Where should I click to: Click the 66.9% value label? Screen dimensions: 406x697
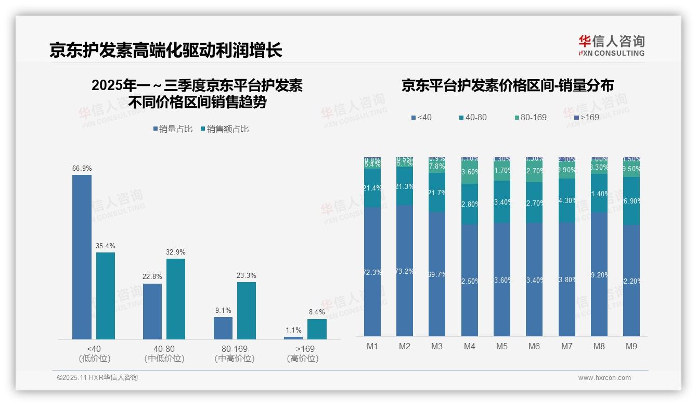82,169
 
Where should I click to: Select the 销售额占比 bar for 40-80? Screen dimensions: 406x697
176,299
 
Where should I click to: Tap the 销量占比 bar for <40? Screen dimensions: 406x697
82,257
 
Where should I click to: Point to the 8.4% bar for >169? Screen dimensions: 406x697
317,329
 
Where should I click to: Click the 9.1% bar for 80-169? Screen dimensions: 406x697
223,328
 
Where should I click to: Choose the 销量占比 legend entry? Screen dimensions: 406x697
173,129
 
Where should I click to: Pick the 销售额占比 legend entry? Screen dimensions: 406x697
224,129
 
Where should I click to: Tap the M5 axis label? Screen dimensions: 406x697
501,346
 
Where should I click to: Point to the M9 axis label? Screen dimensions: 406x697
631,346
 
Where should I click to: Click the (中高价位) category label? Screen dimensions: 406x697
235,359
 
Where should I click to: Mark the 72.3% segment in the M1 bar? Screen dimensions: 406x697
372,272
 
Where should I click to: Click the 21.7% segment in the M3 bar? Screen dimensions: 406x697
437,193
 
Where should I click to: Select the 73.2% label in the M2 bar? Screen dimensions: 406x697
405,271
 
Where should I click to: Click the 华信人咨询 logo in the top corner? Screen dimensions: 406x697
611,45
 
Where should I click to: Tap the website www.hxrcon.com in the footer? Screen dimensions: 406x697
604,378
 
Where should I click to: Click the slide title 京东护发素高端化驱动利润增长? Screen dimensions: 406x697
166,50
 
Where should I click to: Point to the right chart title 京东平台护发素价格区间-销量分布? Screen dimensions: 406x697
507,86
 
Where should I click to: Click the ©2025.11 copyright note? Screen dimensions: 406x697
97,378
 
